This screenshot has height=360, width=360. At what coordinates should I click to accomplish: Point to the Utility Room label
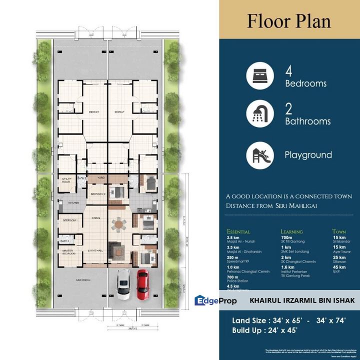[x=67, y=180]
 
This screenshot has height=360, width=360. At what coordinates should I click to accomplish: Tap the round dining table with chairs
[x=118, y=225]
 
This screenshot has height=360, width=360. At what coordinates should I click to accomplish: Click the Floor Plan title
[x=289, y=21]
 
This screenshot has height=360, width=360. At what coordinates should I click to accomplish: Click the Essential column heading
[x=238, y=231]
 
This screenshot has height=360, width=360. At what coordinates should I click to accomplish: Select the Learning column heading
[x=291, y=231]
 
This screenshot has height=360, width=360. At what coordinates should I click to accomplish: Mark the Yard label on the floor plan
[x=100, y=177]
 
